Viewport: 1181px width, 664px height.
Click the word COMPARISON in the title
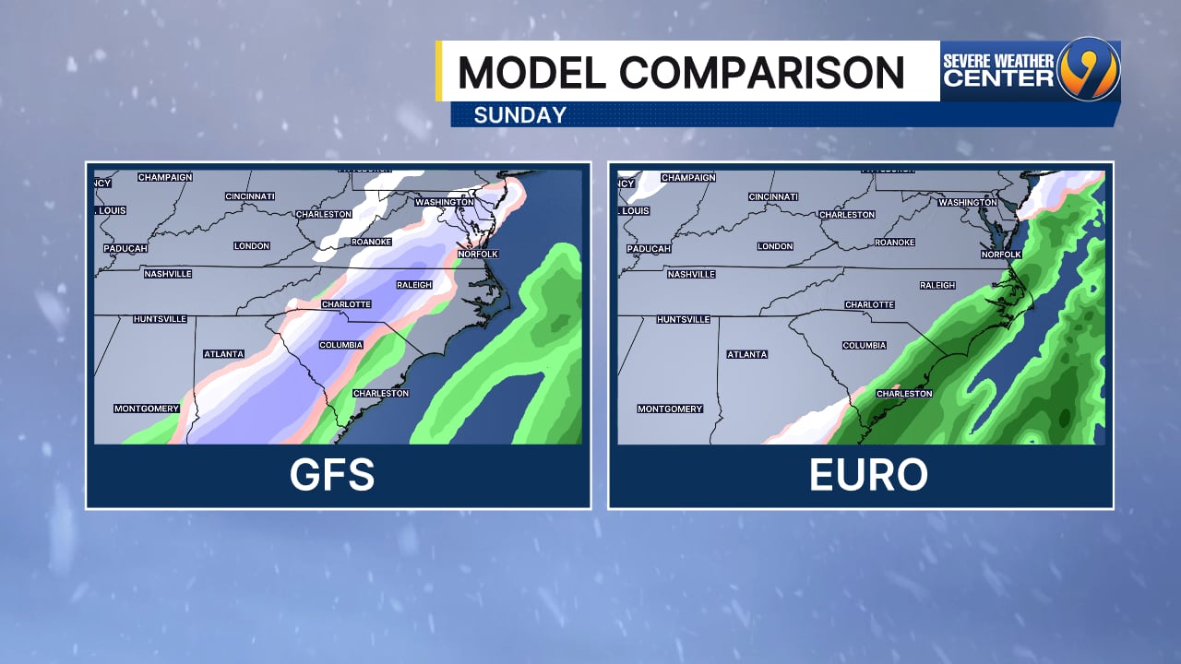tap(761, 72)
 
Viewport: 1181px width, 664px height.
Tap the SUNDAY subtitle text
tap(519, 115)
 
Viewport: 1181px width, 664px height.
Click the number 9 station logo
tap(1089, 69)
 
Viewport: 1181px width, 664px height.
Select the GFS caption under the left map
tap(332, 475)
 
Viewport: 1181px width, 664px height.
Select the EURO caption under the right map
tap(868, 475)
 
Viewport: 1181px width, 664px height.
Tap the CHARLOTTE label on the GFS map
tap(346, 304)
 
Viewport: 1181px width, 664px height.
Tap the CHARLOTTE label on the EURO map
tap(869, 304)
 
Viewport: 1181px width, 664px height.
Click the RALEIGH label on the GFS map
tap(414, 285)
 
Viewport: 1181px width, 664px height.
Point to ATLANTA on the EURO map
tap(747, 354)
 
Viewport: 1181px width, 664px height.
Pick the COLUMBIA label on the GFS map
tap(340, 345)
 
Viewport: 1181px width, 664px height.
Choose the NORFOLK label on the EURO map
tap(1001, 255)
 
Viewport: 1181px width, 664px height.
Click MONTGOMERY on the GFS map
tap(147, 409)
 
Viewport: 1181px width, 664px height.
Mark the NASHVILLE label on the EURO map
tap(692, 274)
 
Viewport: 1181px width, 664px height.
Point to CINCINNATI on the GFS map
tap(250, 196)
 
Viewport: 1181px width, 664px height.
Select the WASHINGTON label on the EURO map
tap(968, 202)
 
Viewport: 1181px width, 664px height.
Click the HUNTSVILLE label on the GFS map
tap(161, 319)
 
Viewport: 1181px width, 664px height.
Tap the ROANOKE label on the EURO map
tap(894, 242)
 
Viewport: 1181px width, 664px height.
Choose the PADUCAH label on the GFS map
tap(125, 248)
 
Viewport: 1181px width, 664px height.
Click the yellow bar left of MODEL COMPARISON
tap(440, 71)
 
